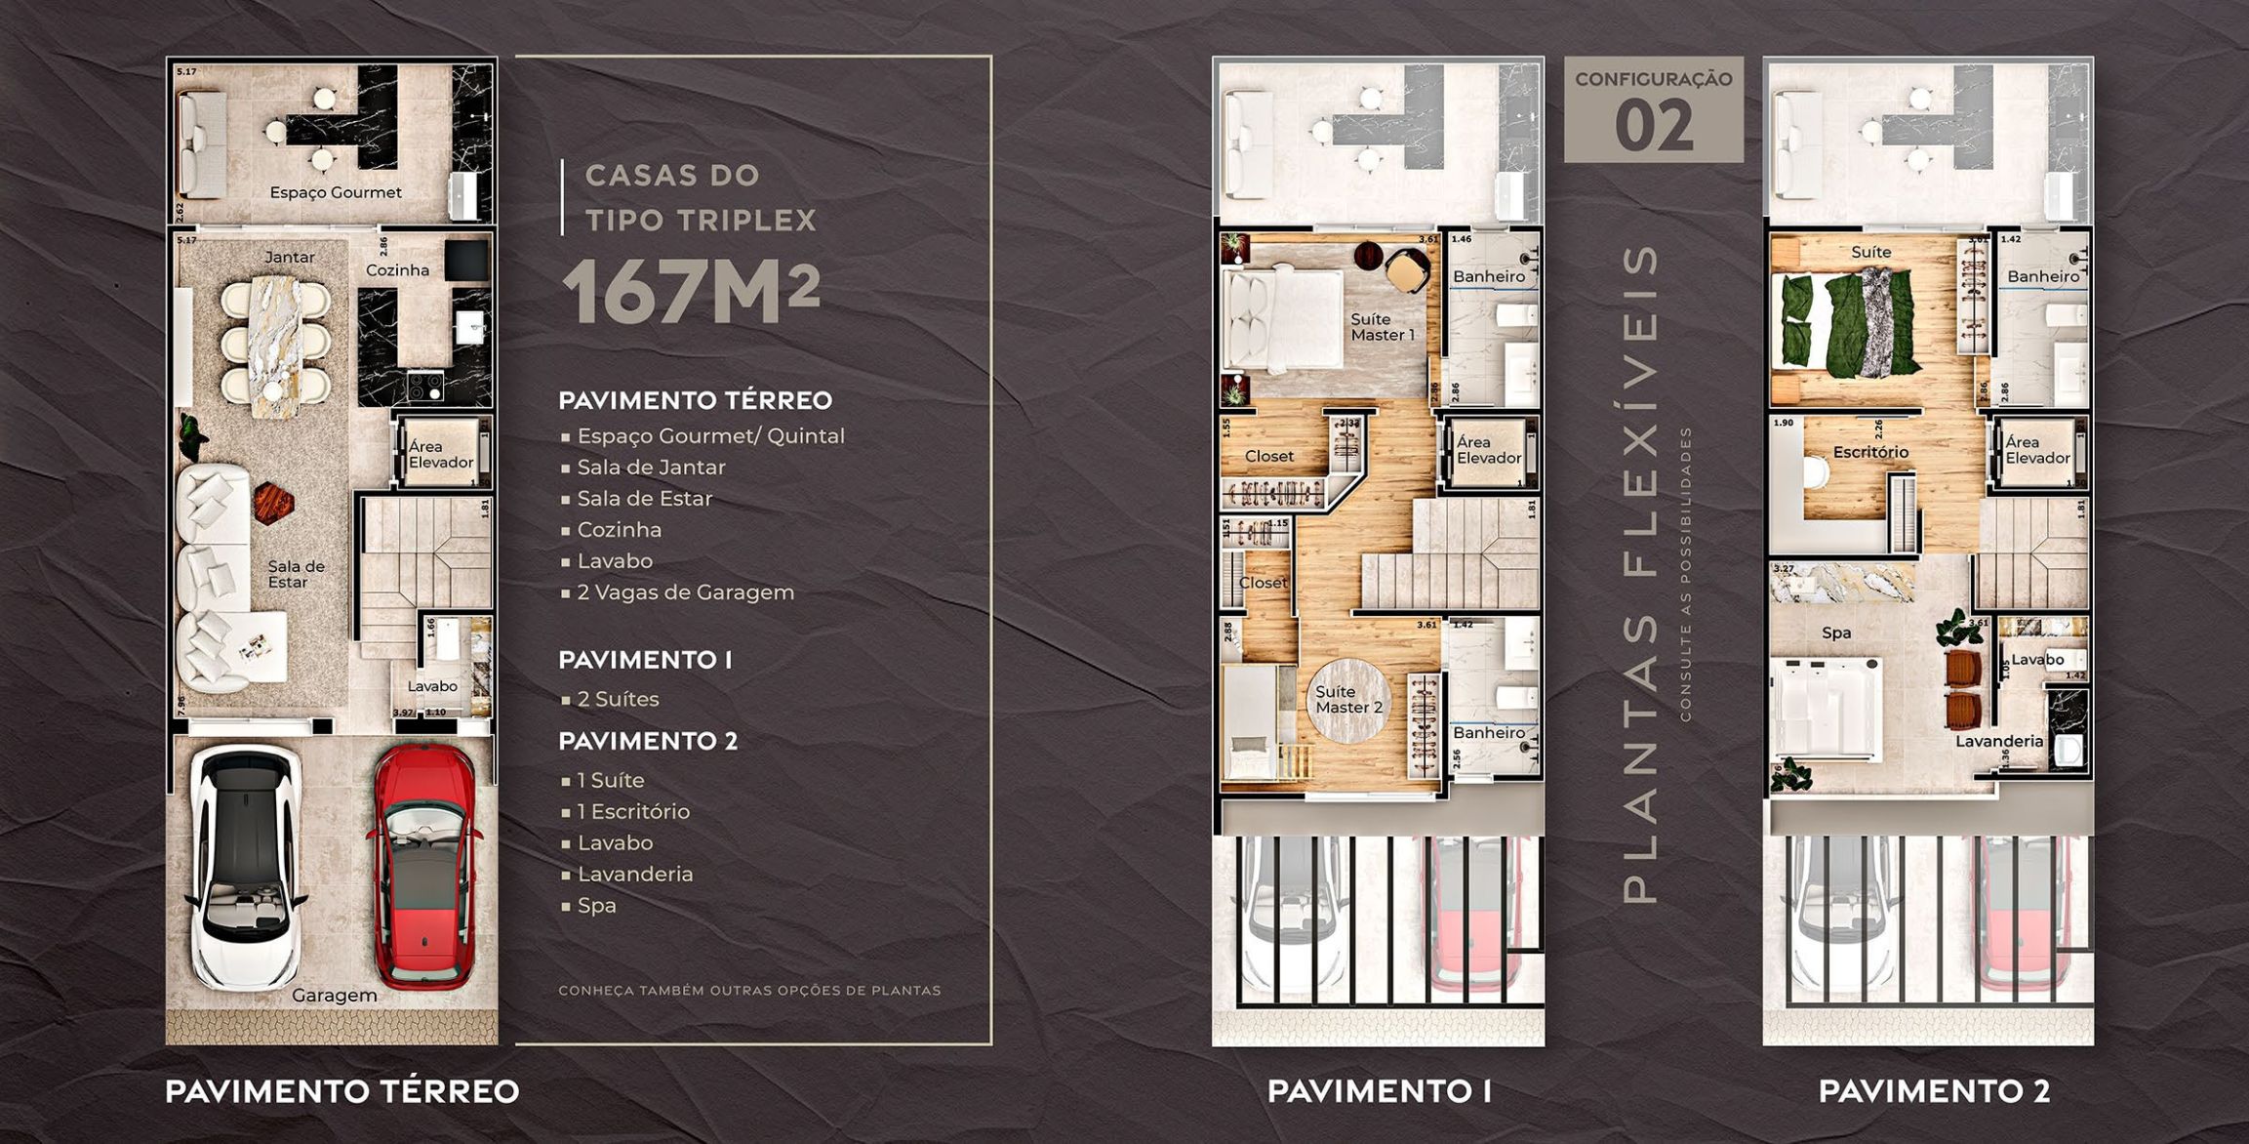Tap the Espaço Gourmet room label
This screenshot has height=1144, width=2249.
(336, 192)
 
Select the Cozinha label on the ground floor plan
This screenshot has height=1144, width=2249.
(397, 270)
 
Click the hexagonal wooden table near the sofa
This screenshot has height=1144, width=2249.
(274, 503)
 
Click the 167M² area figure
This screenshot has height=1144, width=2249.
(690, 292)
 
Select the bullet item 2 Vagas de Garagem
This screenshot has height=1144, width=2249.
(685, 592)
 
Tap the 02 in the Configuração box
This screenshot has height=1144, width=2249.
(1653, 127)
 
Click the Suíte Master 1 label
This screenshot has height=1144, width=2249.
(1382, 327)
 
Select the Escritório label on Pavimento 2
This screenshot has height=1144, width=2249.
(1869, 452)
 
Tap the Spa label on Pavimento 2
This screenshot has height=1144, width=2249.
(1835, 633)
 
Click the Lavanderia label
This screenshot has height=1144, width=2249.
(1998, 741)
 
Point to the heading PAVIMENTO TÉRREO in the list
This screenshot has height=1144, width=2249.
(695, 400)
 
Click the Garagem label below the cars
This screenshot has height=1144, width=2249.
(334, 996)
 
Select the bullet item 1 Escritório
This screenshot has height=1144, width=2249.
(632, 811)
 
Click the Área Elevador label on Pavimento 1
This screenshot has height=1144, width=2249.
(1488, 450)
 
